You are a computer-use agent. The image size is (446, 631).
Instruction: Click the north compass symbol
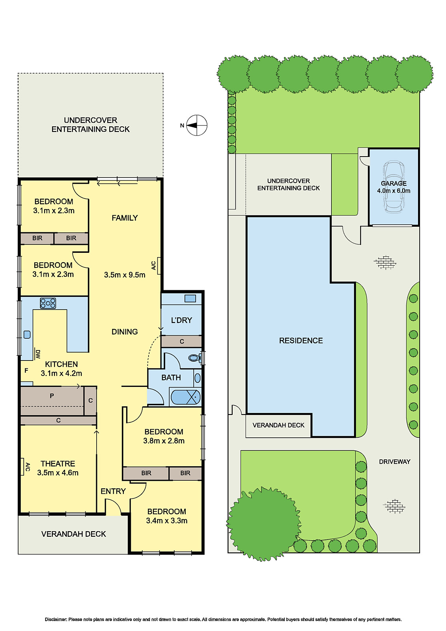click(196, 125)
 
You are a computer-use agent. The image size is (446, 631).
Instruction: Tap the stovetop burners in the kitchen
click(48, 303)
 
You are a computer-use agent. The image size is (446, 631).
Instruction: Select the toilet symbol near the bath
click(194, 358)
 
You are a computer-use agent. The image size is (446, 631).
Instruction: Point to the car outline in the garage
click(393, 187)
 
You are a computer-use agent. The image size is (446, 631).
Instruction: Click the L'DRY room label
click(181, 320)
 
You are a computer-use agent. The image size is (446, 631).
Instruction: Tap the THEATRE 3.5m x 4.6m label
click(58, 468)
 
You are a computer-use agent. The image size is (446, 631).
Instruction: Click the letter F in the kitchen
click(26, 371)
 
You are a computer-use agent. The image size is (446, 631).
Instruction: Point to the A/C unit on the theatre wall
click(23, 467)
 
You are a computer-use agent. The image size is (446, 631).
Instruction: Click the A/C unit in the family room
click(159, 265)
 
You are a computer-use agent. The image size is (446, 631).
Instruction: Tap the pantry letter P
click(52, 396)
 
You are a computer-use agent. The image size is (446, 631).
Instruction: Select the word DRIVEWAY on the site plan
click(394, 461)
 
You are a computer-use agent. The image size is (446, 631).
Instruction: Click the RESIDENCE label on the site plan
click(301, 340)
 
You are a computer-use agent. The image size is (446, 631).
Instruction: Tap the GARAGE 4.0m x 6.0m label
click(394, 187)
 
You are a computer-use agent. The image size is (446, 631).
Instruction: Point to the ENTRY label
click(113, 491)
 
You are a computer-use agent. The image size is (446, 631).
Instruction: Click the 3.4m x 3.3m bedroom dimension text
click(166, 521)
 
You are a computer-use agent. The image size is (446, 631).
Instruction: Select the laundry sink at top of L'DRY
click(190, 299)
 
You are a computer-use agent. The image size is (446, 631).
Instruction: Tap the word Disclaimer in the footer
click(56, 620)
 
